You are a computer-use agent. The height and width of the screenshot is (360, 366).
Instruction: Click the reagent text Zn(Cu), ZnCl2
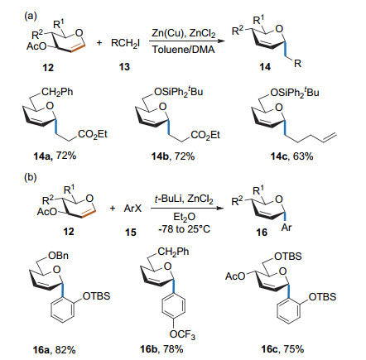click(x=184, y=33)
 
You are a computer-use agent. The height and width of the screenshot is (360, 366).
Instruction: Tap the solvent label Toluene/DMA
click(x=183, y=50)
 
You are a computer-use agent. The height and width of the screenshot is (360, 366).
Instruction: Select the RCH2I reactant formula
click(x=125, y=43)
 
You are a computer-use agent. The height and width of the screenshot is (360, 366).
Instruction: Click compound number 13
click(x=124, y=67)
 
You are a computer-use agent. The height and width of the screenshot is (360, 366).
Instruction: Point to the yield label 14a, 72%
click(x=55, y=156)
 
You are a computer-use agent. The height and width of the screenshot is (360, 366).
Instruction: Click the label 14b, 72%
click(x=173, y=156)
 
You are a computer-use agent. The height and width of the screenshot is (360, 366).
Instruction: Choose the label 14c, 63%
click(x=291, y=156)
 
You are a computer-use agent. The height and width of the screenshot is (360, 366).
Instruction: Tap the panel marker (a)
click(x=31, y=17)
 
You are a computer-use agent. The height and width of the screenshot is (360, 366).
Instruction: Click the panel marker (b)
click(x=31, y=177)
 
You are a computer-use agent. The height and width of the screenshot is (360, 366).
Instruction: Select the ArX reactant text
click(x=132, y=208)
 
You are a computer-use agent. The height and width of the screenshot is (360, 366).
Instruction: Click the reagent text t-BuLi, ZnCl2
click(x=184, y=199)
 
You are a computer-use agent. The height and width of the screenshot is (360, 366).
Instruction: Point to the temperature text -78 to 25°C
click(x=184, y=228)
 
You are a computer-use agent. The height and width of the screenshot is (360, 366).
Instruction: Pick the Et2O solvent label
click(x=185, y=217)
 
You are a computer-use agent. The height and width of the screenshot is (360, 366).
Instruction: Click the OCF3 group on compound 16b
click(x=182, y=334)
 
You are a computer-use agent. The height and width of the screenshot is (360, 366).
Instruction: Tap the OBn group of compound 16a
click(x=58, y=256)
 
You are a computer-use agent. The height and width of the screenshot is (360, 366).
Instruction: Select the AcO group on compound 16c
click(x=235, y=276)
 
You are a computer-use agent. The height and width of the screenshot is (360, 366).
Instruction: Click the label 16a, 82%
click(x=54, y=350)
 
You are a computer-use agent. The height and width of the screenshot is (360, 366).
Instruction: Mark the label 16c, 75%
click(x=282, y=349)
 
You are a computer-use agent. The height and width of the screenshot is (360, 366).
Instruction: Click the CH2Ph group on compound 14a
click(x=57, y=92)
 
